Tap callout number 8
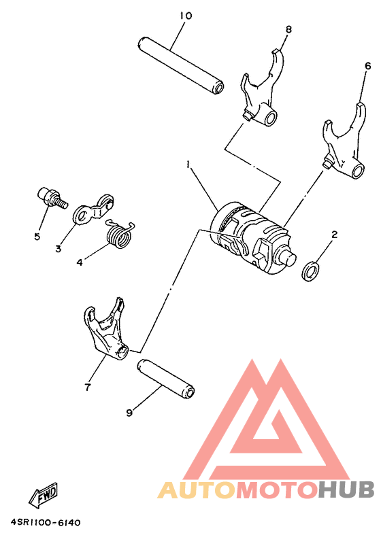point(288,29)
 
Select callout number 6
point(367,66)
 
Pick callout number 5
point(37,237)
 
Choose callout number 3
point(58,249)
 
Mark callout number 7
point(88,388)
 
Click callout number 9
point(129,412)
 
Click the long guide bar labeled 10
point(181,65)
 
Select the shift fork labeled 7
point(105,329)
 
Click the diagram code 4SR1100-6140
point(45,522)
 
